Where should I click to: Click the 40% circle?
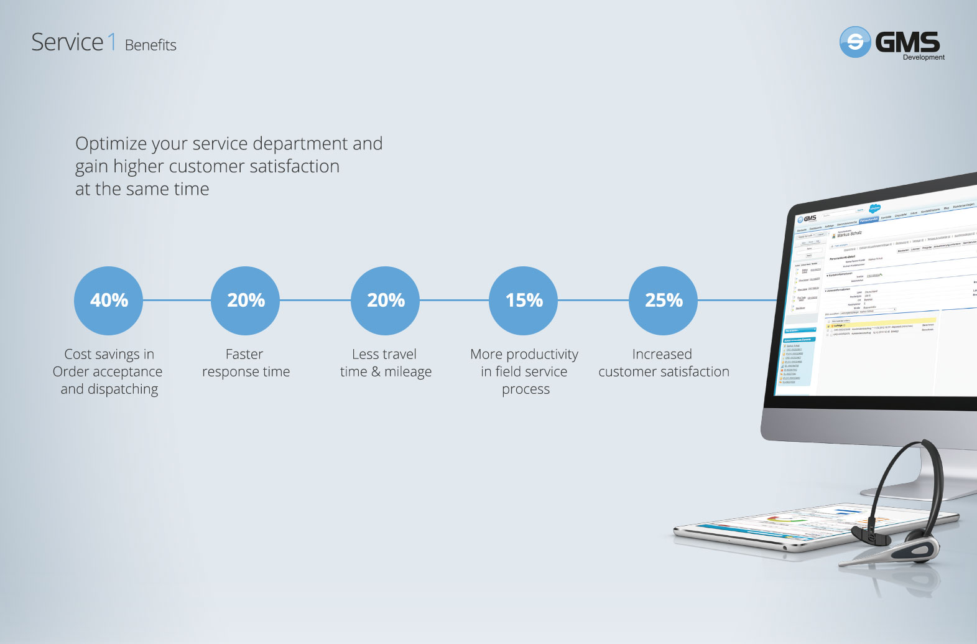tap(109, 301)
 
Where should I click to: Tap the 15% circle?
tap(524, 301)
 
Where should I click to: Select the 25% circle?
tap(663, 301)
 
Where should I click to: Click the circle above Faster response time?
tap(246, 301)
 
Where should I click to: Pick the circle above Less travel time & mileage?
tap(385, 301)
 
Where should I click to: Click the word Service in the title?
tap(67, 42)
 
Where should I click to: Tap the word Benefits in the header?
tap(150, 45)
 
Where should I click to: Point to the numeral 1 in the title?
tap(112, 42)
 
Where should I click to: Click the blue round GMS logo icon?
tap(855, 42)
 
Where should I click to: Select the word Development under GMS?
tap(924, 57)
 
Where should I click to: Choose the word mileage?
tap(408, 372)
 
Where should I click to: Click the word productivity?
tap(542, 355)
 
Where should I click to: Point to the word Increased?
tap(662, 355)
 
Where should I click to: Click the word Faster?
tap(244, 355)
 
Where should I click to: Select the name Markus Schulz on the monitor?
tap(850, 235)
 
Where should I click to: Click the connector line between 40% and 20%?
tap(177, 301)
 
